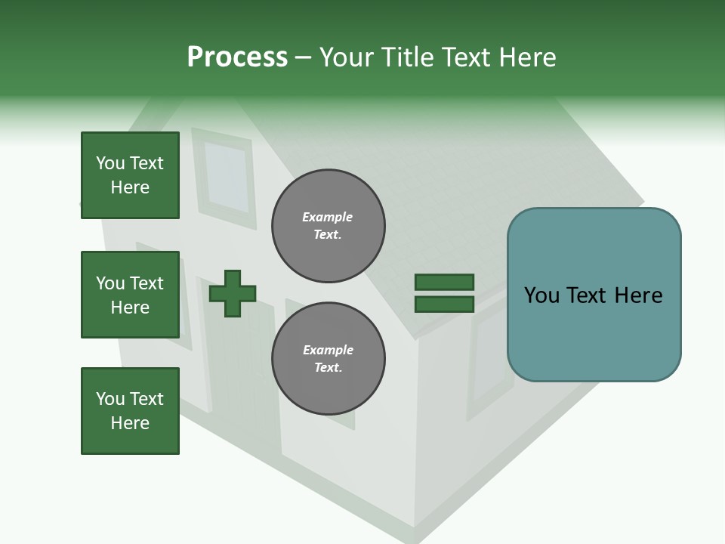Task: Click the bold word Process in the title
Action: [237, 57]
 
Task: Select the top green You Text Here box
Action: [130, 175]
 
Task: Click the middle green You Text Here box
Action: [130, 295]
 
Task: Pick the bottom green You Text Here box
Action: [130, 411]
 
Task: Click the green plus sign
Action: [233, 293]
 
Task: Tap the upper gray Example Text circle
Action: [328, 226]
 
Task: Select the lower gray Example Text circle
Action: [328, 359]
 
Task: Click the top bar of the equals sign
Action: [444, 282]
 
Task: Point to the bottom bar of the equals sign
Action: [444, 304]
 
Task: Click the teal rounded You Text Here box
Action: [594, 295]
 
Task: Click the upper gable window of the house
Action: [226, 176]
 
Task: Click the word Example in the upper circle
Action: [328, 217]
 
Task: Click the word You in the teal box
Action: [541, 295]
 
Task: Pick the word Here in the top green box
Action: [130, 187]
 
